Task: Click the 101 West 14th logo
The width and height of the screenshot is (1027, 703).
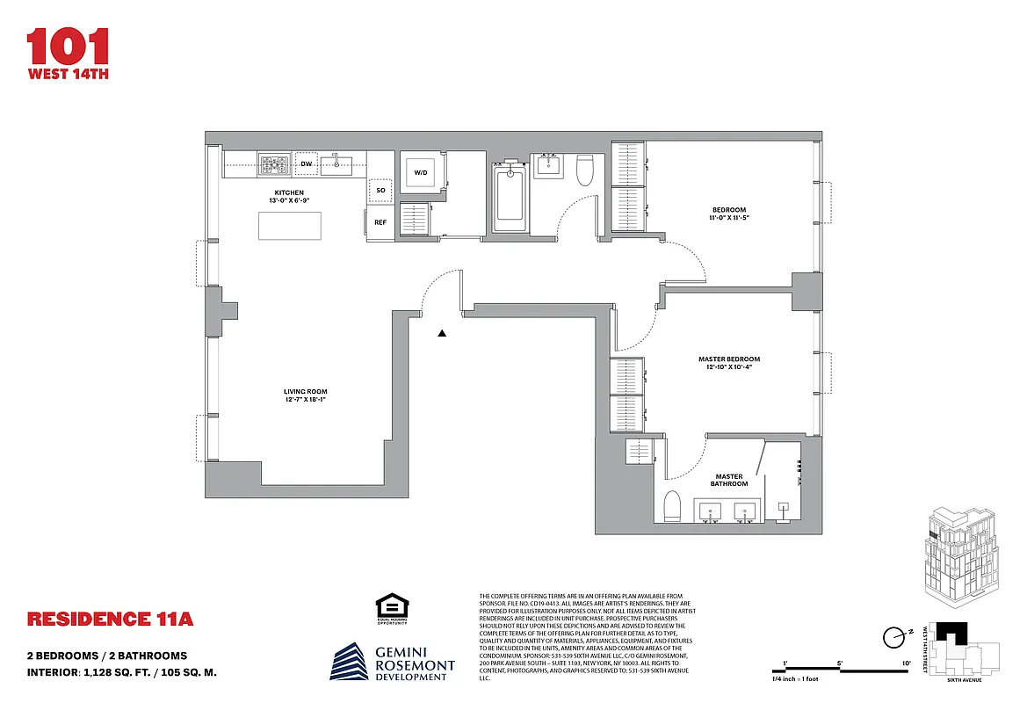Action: pyautogui.click(x=68, y=54)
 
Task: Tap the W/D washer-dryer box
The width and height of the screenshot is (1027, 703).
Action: pyautogui.click(x=420, y=172)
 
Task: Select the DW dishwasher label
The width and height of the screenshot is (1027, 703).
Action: pyautogui.click(x=307, y=163)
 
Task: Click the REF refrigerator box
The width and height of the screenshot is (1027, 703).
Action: pyautogui.click(x=380, y=222)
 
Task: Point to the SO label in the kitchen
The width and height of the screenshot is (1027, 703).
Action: pyautogui.click(x=380, y=190)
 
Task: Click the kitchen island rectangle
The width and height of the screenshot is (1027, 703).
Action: pyautogui.click(x=289, y=226)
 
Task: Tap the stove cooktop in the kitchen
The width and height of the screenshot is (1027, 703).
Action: pyautogui.click(x=274, y=163)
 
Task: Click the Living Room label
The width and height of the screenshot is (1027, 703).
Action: pyautogui.click(x=305, y=396)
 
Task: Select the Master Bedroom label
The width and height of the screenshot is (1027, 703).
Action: pyautogui.click(x=728, y=363)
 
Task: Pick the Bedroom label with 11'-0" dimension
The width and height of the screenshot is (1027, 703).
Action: pyautogui.click(x=729, y=213)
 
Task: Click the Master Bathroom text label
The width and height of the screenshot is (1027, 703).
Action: pyautogui.click(x=729, y=480)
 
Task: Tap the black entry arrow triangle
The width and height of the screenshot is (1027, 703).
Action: pyautogui.click(x=442, y=333)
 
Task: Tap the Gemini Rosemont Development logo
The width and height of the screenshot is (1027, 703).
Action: pyautogui.click(x=393, y=661)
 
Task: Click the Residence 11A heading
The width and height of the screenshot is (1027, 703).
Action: pyautogui.click(x=110, y=619)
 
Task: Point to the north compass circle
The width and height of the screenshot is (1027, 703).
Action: pyautogui.click(x=894, y=636)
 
